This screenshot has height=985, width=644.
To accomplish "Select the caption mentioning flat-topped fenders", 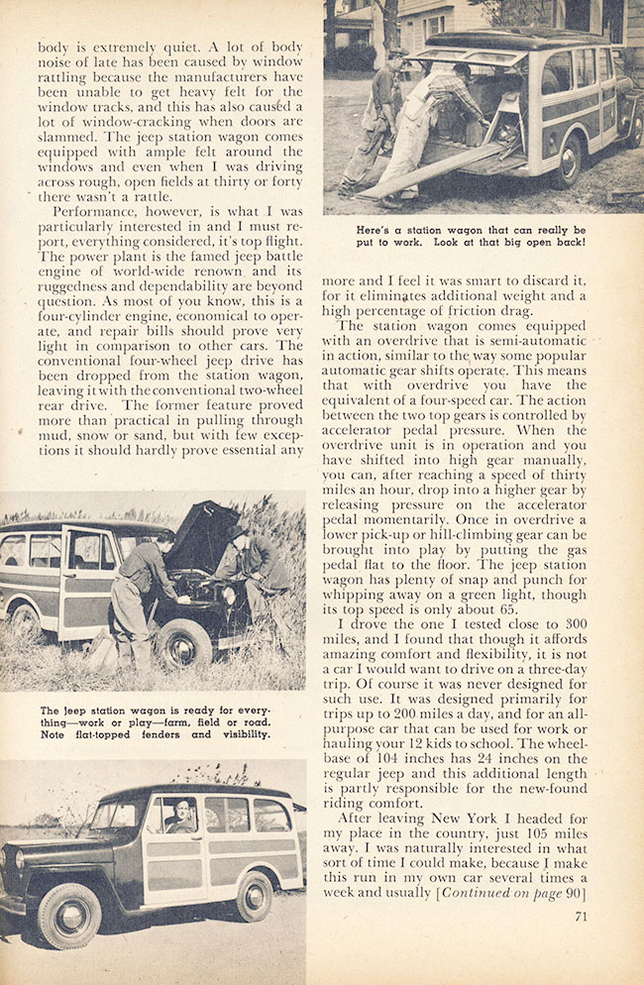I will [x=154, y=722].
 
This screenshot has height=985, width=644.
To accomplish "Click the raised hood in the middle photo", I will [x=204, y=535].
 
